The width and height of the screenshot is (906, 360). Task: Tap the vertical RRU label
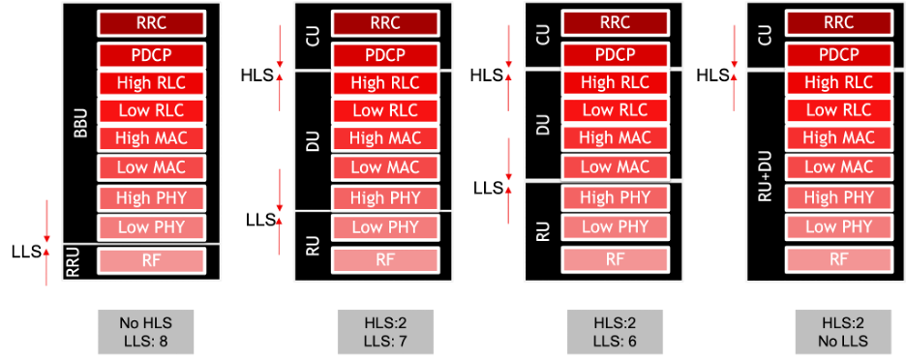tap(72, 263)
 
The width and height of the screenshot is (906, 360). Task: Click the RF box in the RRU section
tap(150, 260)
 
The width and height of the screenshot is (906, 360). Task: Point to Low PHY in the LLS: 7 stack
tap(380, 227)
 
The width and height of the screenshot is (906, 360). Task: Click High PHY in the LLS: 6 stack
tap(614, 197)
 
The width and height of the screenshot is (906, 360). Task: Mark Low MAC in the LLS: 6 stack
tap(614, 166)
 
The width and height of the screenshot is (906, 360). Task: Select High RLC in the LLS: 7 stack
tap(380, 83)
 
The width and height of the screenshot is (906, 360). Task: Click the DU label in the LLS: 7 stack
tap(313, 140)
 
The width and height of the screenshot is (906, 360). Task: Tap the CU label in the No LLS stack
tap(765, 37)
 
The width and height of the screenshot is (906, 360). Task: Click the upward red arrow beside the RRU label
tap(46, 267)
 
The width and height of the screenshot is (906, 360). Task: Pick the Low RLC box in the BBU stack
tap(150, 110)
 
